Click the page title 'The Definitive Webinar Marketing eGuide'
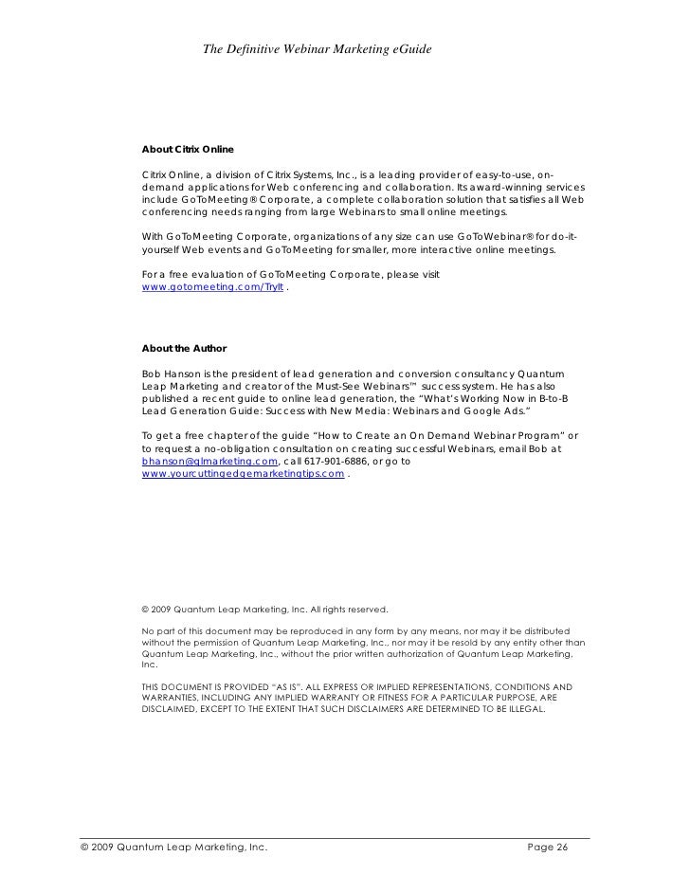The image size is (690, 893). click(x=318, y=48)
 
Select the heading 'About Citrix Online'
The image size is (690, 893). click(x=188, y=150)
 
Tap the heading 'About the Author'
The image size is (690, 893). click(x=184, y=348)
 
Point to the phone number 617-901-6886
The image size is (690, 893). click(x=336, y=461)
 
